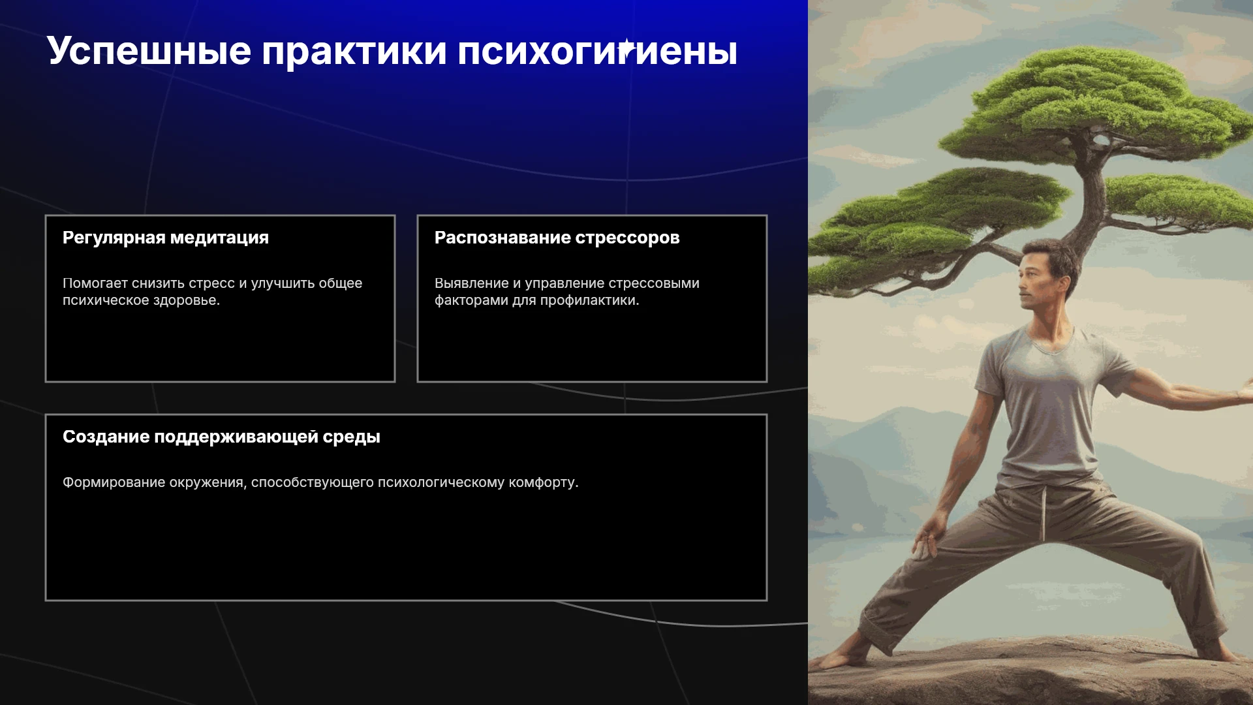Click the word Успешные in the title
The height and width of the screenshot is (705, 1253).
[149, 52]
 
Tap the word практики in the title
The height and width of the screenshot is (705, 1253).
[354, 52]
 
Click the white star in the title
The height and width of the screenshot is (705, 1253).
[626, 48]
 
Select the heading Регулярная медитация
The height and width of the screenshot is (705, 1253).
[166, 238]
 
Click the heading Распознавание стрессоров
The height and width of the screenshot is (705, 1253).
[557, 238]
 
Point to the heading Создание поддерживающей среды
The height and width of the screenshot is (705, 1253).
[221, 437]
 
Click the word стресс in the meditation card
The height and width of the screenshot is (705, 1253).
[211, 283]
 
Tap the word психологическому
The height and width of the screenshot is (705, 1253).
[441, 482]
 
